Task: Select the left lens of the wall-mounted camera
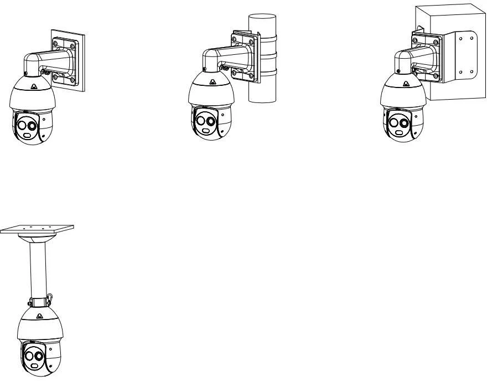(22, 125)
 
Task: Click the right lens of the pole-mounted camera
(210, 121)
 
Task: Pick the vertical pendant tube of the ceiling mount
(37, 266)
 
